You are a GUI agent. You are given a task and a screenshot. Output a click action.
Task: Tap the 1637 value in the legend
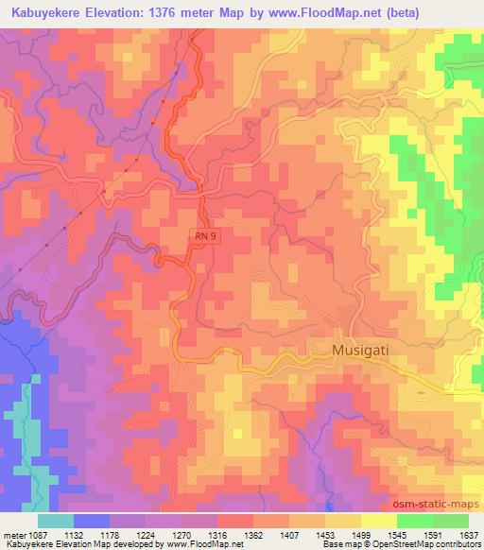coord(468,534)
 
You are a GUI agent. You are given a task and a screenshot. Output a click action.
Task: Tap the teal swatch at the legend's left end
coord(56,520)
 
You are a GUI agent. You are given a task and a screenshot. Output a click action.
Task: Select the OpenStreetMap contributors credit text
coord(425,545)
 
